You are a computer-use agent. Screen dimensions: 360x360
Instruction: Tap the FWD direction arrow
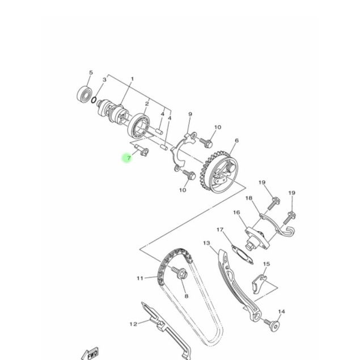point(90,354)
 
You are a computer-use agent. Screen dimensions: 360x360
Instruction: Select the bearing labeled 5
point(84,94)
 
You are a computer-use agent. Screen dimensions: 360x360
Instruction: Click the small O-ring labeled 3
point(94,100)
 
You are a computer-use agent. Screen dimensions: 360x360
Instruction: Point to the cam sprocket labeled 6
point(220,171)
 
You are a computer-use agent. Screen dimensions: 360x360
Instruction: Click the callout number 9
point(190,114)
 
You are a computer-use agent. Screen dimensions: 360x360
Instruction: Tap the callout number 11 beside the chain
point(140,278)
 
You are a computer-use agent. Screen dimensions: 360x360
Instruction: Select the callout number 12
point(133,324)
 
